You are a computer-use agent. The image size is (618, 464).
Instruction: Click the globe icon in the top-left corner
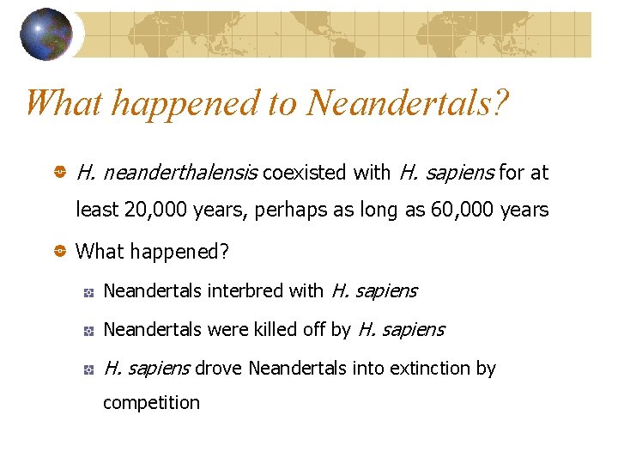(x=45, y=34)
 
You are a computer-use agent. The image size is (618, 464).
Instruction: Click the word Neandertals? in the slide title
(x=408, y=103)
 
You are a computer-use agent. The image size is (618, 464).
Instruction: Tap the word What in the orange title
(x=65, y=103)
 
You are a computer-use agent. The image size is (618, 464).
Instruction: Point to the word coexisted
(x=304, y=174)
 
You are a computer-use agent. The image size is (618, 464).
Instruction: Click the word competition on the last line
(x=151, y=403)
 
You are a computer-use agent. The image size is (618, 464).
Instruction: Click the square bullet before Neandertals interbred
(x=88, y=292)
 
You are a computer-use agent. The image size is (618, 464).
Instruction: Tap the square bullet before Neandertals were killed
(x=88, y=331)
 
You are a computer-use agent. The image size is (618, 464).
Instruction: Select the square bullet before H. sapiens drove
(x=88, y=369)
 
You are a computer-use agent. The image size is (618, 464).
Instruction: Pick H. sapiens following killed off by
(x=401, y=330)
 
